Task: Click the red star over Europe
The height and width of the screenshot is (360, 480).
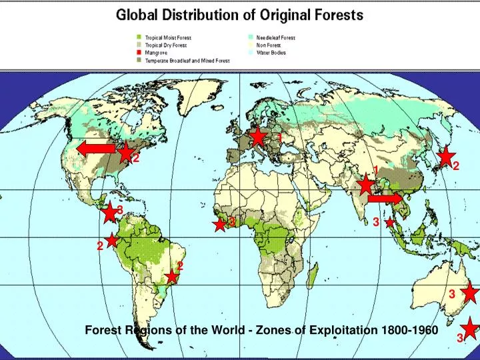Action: (258, 137)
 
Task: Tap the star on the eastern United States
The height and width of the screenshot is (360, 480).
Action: (126, 153)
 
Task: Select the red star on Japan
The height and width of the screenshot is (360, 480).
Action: (445, 157)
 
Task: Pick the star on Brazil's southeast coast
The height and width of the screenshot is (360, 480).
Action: (173, 276)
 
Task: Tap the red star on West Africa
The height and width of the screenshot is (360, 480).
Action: (219, 225)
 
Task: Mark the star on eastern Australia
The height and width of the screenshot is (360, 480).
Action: (471, 292)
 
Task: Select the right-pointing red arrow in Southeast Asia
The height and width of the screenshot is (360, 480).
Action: (385, 198)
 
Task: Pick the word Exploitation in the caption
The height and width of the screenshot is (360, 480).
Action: (347, 330)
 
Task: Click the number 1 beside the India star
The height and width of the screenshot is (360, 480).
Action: (375, 171)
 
